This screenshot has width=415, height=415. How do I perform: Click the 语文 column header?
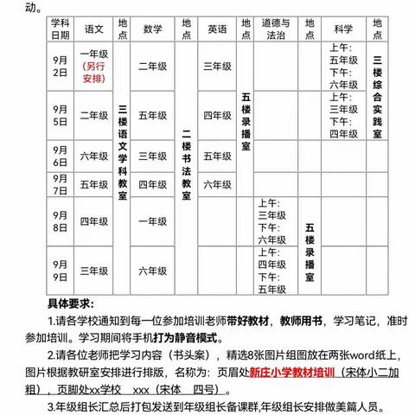pyautogui.click(x=93, y=29)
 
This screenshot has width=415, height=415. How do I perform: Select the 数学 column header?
pyautogui.click(x=153, y=29)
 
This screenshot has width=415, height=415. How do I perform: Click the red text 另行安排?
pyautogui.click(x=94, y=74)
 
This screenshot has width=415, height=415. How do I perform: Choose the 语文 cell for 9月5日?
pyautogui.click(x=93, y=114)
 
